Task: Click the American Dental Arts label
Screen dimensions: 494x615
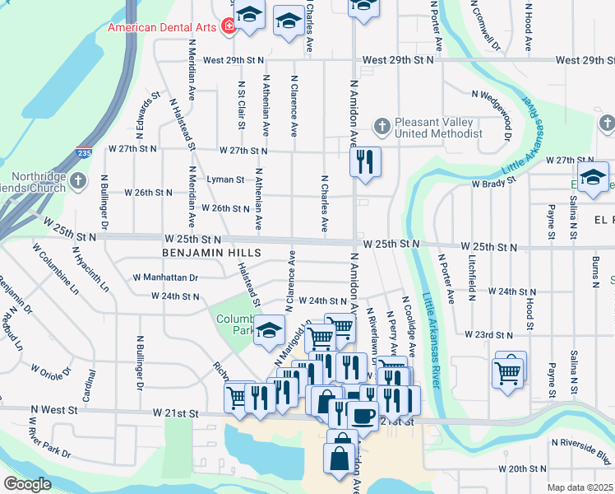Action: point(161,27)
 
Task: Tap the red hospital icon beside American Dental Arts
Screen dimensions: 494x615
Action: point(227,27)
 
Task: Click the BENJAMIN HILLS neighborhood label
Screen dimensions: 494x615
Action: point(211,252)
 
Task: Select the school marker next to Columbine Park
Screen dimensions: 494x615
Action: point(268,331)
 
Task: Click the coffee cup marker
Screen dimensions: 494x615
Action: point(363,415)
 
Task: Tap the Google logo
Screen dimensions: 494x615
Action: point(27,484)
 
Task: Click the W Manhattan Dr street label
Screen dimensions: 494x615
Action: point(164,278)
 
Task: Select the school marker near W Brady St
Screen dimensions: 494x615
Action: point(592,175)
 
